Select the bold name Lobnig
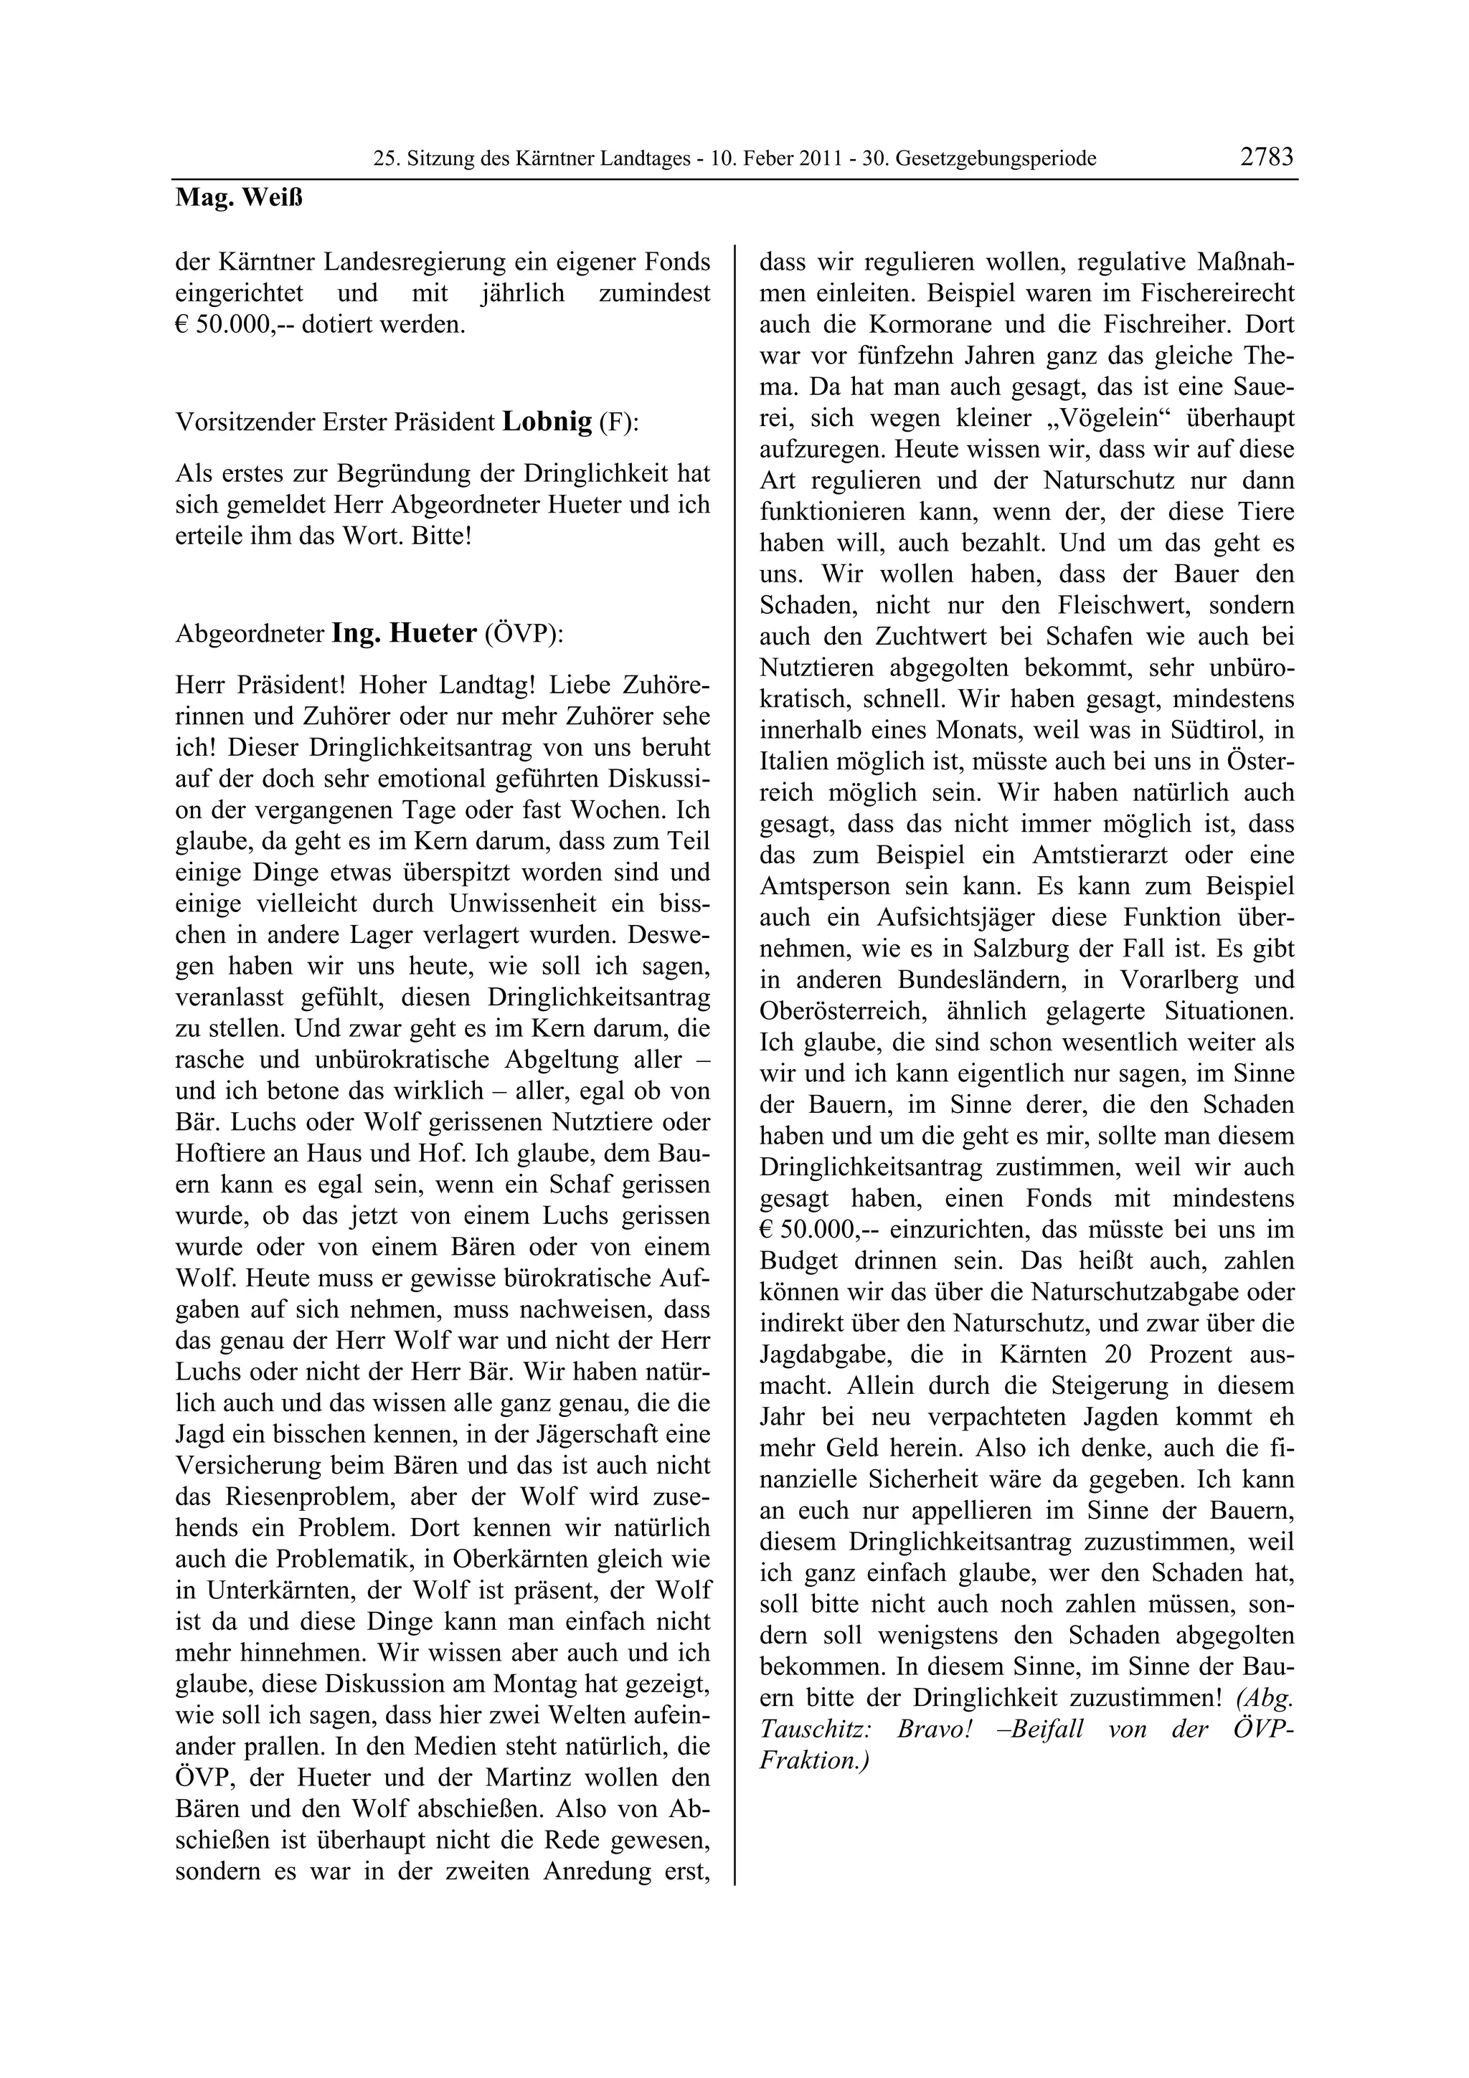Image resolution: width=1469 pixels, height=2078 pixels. tap(547, 422)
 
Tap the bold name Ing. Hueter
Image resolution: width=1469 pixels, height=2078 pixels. tap(404, 634)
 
